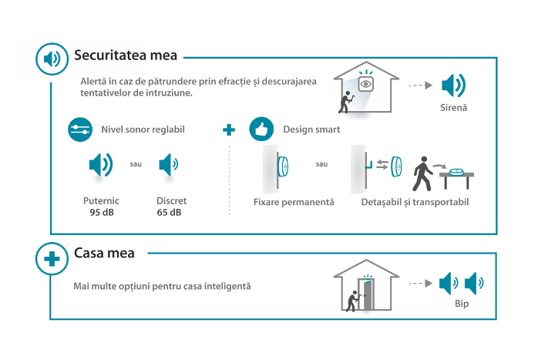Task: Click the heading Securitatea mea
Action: tap(126, 56)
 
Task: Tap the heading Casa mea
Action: tap(104, 253)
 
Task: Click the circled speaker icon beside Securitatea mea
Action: tap(52, 59)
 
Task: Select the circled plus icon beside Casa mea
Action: tap(52, 259)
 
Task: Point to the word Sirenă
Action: tap(453, 108)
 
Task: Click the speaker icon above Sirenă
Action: tap(453, 86)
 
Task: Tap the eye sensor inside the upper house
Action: tap(365, 84)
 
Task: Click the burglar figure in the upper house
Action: tap(346, 103)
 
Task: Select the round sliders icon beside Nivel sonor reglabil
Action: tap(80, 130)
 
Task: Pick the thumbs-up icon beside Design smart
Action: tap(261, 130)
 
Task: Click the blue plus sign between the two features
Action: tap(229, 130)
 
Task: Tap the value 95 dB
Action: tap(102, 213)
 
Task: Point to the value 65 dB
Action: tap(169, 213)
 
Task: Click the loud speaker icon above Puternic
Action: tap(101, 165)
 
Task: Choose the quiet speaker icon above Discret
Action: tap(169, 165)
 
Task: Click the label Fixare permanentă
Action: tap(294, 202)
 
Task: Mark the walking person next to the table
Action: tap(422, 173)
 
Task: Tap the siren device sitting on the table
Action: tap(456, 172)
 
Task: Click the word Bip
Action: tap(462, 304)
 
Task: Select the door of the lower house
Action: tap(368, 295)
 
